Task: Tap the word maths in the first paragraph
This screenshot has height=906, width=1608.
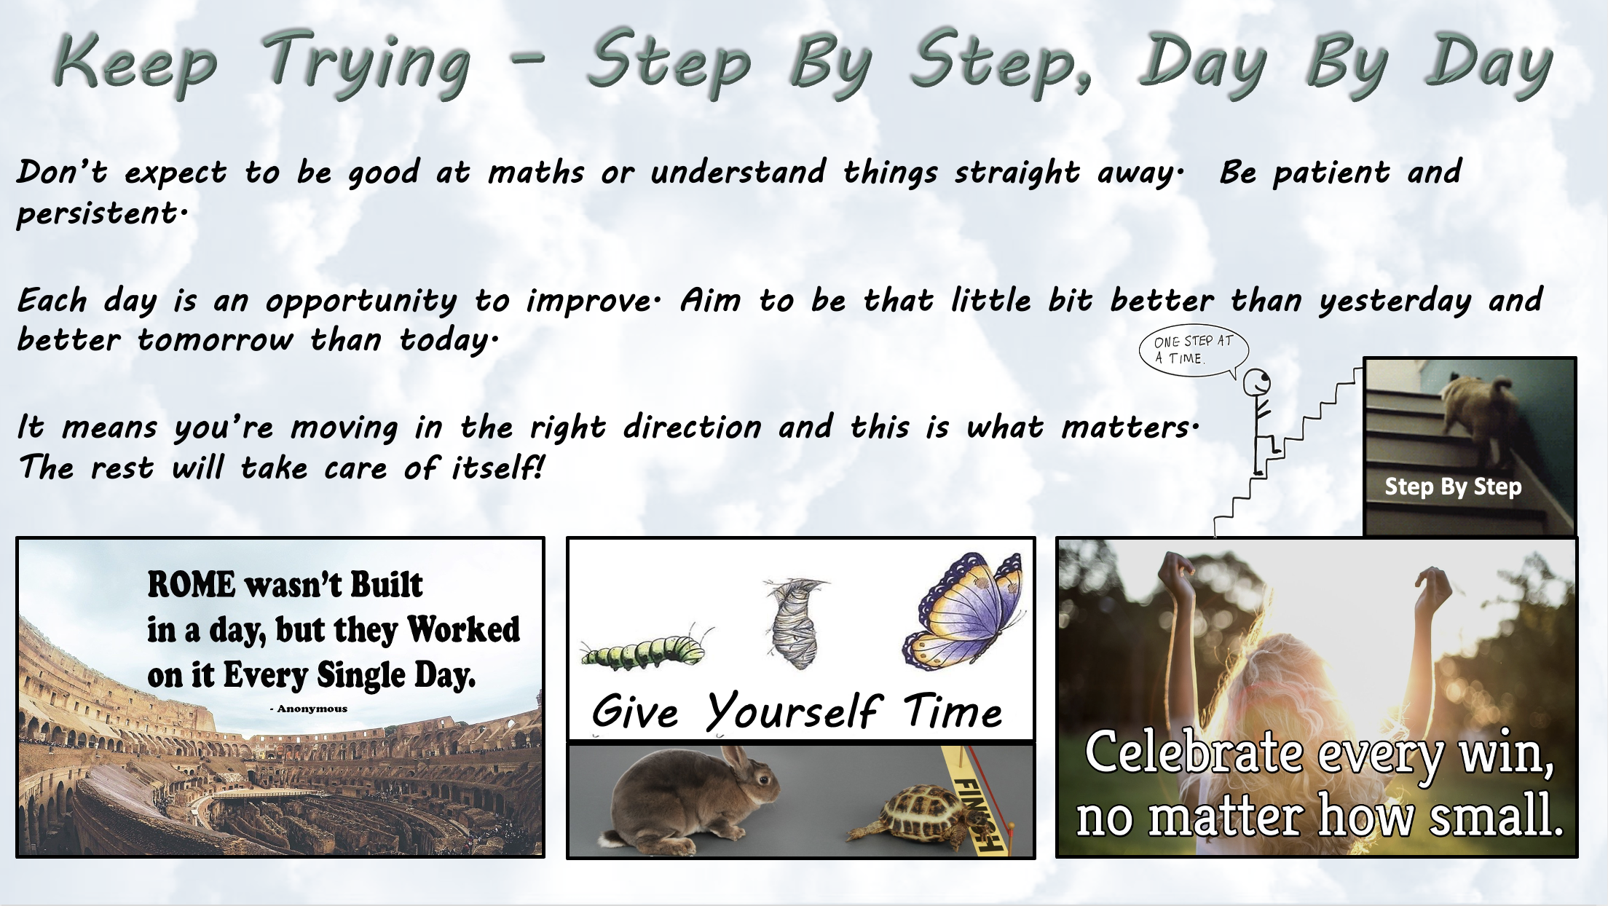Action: [x=536, y=173]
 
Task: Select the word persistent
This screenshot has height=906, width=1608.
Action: [x=102, y=213]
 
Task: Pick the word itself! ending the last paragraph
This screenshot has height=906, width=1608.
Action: [x=498, y=467]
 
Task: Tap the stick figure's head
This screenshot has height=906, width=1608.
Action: [x=1256, y=382]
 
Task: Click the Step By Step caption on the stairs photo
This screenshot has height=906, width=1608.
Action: [x=1453, y=487]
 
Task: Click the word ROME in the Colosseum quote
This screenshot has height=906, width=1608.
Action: [x=192, y=585]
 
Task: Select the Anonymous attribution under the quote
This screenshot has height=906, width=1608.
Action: [x=309, y=709]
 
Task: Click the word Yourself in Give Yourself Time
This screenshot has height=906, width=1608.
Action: [x=793, y=711]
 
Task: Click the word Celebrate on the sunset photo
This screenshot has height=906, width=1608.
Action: [x=1194, y=752]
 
